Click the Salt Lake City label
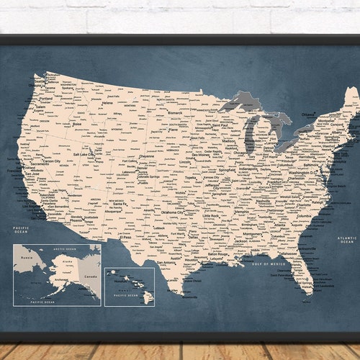coord(84,154)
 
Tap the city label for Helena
coord(107,103)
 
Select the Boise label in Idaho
coord(78,124)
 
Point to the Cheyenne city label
coord(146,156)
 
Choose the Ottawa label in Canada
coord(308,114)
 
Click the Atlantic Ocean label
coord(347,240)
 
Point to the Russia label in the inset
coord(27,257)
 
